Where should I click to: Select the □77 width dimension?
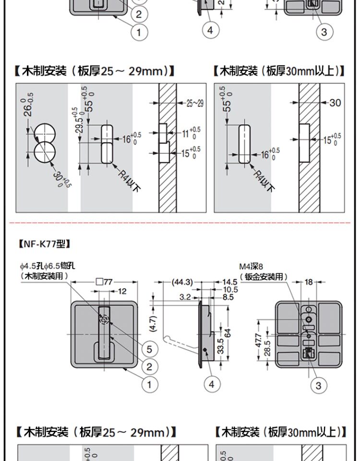104,282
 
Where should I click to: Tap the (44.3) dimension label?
182,282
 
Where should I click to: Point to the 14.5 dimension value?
230,282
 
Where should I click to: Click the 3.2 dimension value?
185,297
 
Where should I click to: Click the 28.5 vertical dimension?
267,349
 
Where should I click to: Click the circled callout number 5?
149,349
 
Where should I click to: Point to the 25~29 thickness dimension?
194,103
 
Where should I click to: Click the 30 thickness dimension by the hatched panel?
335,102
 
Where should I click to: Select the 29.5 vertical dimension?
79,120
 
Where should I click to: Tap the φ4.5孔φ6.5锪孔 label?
47,265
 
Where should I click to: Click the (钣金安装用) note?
264,277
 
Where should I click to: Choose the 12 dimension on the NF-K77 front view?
122,291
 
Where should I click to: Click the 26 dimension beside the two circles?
28,104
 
